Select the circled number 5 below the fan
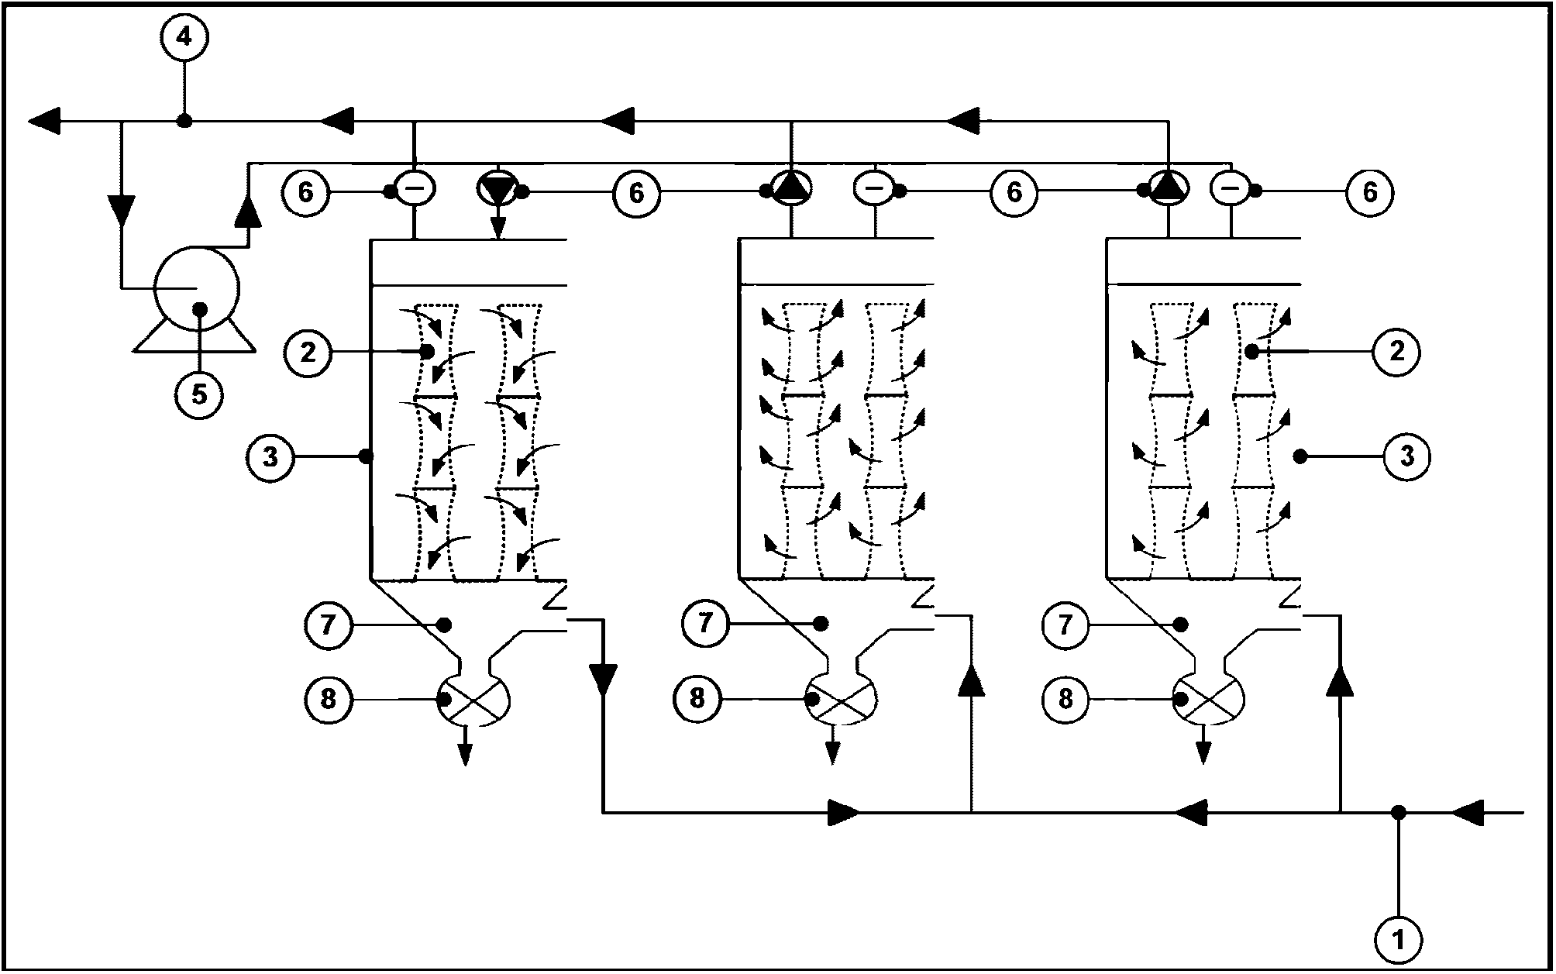[x=199, y=394]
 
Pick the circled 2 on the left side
[x=308, y=353]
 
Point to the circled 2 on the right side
[x=1396, y=352]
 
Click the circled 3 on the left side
[x=270, y=457]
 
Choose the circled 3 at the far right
[x=1407, y=456]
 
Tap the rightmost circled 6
[x=1369, y=191]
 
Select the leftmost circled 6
[x=306, y=191]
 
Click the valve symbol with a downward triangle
[x=497, y=190]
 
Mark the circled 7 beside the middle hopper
[x=704, y=624]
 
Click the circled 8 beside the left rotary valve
[x=328, y=700]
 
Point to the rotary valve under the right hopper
[x=1210, y=700]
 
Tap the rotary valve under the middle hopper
[x=842, y=700]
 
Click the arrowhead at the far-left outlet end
[x=43, y=122]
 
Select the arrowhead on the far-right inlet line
[x=1467, y=813]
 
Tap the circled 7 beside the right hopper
[x=1065, y=624]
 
